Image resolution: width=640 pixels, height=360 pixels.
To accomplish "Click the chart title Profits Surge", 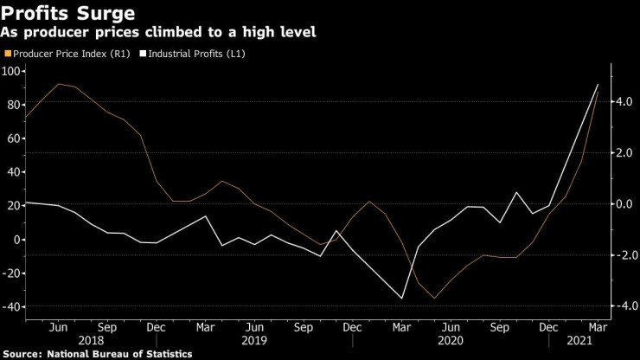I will click(x=68, y=13).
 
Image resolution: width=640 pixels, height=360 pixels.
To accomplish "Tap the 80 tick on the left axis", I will click(x=15, y=104).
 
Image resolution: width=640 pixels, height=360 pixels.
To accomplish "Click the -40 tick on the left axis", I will click(x=12, y=307).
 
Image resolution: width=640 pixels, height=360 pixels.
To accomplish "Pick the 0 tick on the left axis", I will click(x=17, y=240).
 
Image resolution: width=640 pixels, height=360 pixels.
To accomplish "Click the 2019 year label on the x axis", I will click(x=254, y=341).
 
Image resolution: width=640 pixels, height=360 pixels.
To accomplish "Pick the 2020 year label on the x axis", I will click(x=449, y=341).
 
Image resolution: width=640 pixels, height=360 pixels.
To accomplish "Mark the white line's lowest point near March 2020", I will click(x=402, y=299).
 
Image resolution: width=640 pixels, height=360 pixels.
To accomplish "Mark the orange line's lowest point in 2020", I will click(x=434, y=298).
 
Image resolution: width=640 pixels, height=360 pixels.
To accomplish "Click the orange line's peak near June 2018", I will click(x=58, y=84).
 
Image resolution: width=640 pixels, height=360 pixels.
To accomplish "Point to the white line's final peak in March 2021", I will click(x=597, y=84).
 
